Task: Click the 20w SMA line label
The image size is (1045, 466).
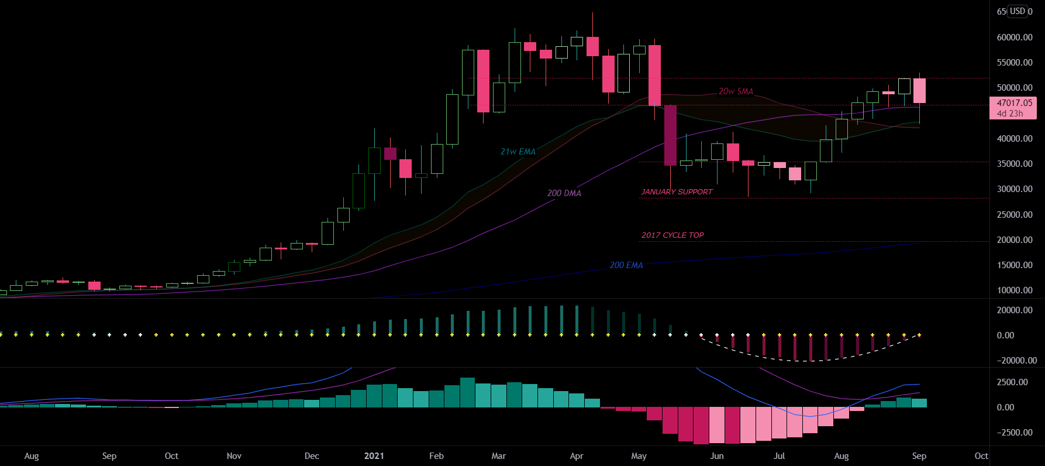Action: tap(736, 91)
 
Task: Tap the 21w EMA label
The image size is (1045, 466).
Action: tap(518, 152)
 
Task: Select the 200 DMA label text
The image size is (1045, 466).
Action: tap(564, 193)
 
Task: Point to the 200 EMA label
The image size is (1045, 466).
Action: tap(626, 265)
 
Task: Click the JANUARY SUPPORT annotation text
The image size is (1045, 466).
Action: tap(677, 192)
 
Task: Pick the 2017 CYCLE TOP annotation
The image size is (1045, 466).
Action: tap(672, 235)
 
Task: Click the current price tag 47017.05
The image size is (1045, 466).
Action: tap(1014, 103)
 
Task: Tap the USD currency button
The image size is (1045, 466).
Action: tap(1018, 11)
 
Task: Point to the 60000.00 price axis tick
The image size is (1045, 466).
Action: tap(1015, 37)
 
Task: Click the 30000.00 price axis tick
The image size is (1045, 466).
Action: tap(1015, 189)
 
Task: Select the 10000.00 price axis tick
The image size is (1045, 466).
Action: tap(1015, 290)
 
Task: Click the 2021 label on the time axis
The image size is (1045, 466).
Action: tap(374, 456)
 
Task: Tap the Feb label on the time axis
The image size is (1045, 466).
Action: tap(436, 456)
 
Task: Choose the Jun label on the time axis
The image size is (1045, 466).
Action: tap(717, 456)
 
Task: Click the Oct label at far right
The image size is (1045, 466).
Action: tap(981, 456)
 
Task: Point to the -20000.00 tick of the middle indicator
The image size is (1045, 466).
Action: tap(1017, 361)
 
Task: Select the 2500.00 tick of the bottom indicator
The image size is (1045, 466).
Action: tap(1012, 382)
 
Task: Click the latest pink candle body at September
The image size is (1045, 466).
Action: tap(919, 91)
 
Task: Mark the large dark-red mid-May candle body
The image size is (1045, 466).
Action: tap(670, 135)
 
